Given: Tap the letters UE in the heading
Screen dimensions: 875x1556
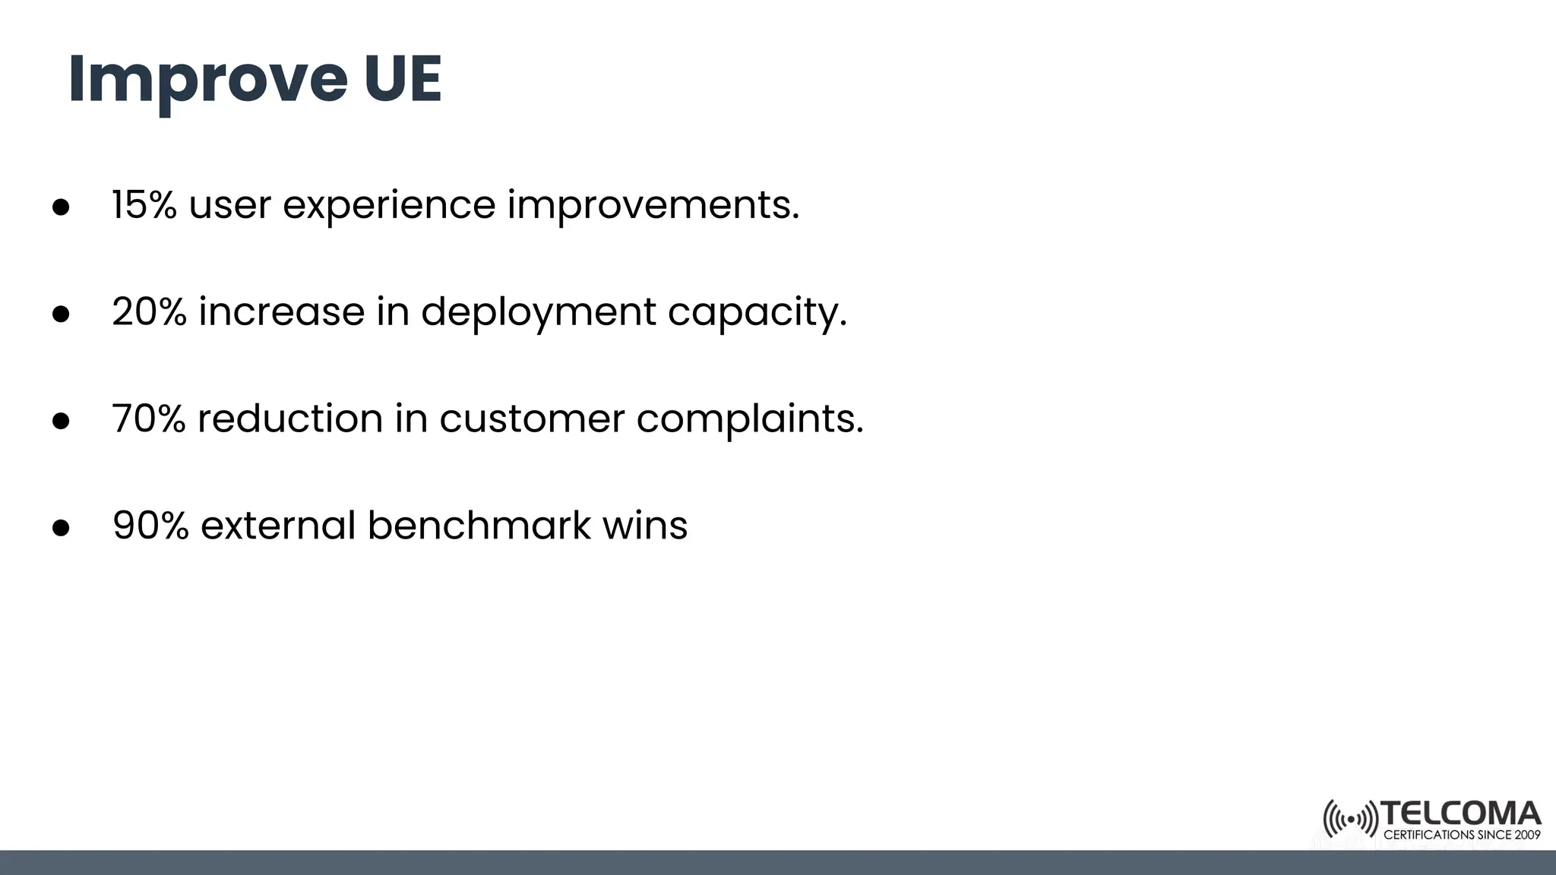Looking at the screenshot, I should (x=403, y=79).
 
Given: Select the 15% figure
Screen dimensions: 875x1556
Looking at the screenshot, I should (x=144, y=204).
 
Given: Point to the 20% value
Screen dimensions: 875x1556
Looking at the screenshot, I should (x=149, y=311).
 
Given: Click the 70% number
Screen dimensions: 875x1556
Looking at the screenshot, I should (x=148, y=419).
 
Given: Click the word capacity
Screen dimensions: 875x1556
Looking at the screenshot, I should (x=757, y=313).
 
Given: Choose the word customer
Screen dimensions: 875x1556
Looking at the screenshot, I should (x=532, y=419).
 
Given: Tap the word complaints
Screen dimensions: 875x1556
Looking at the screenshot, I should (x=750, y=420).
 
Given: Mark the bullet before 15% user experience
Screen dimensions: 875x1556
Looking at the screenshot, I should (x=61, y=207).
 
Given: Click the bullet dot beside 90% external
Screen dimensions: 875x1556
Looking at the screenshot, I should (x=61, y=528).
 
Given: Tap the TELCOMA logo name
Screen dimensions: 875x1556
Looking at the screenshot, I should (x=1460, y=813).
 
